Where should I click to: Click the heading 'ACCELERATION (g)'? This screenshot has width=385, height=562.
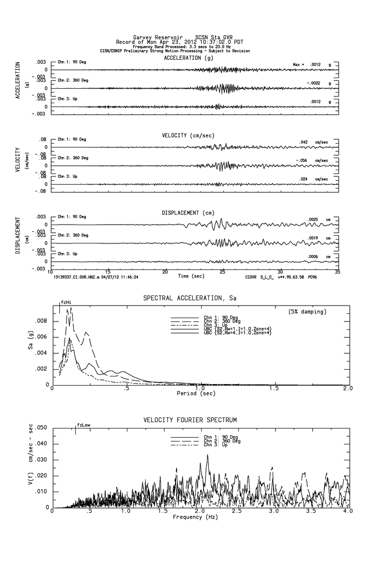point(188,58)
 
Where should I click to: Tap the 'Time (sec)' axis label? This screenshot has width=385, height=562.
point(191,276)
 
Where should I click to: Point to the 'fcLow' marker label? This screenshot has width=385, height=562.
point(83,425)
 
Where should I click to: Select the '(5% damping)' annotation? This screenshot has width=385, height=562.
point(307,311)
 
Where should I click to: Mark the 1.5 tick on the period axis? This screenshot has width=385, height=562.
point(273,388)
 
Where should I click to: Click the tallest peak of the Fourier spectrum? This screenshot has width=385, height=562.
point(207,455)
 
